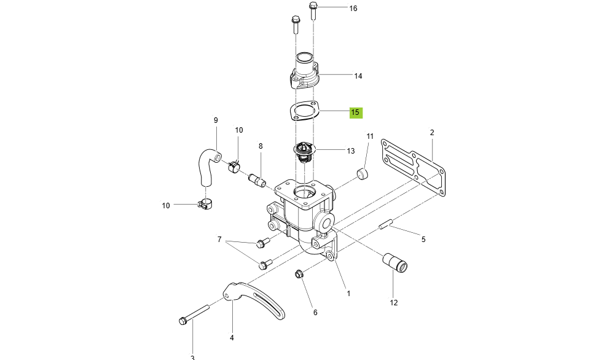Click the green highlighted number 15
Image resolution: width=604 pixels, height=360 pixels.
point(356,112)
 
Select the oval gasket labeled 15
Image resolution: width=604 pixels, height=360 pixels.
point(304,111)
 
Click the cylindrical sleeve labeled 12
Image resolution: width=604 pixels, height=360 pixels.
point(393,262)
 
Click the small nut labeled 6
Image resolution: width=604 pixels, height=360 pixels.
point(300,273)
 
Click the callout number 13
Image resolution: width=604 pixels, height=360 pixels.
point(351,151)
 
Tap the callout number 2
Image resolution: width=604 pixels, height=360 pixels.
point(432,132)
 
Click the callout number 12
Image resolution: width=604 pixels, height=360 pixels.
point(394,302)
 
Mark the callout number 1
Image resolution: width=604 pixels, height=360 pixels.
point(348,293)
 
